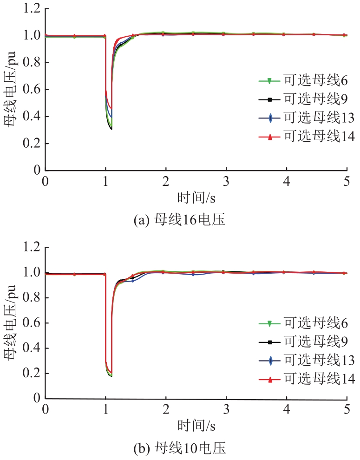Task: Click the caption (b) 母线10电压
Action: coord(179,448)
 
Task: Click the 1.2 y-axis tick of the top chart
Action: coord(29,9)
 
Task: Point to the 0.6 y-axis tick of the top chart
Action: coord(29,90)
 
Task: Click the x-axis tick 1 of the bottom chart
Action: coord(105,409)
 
